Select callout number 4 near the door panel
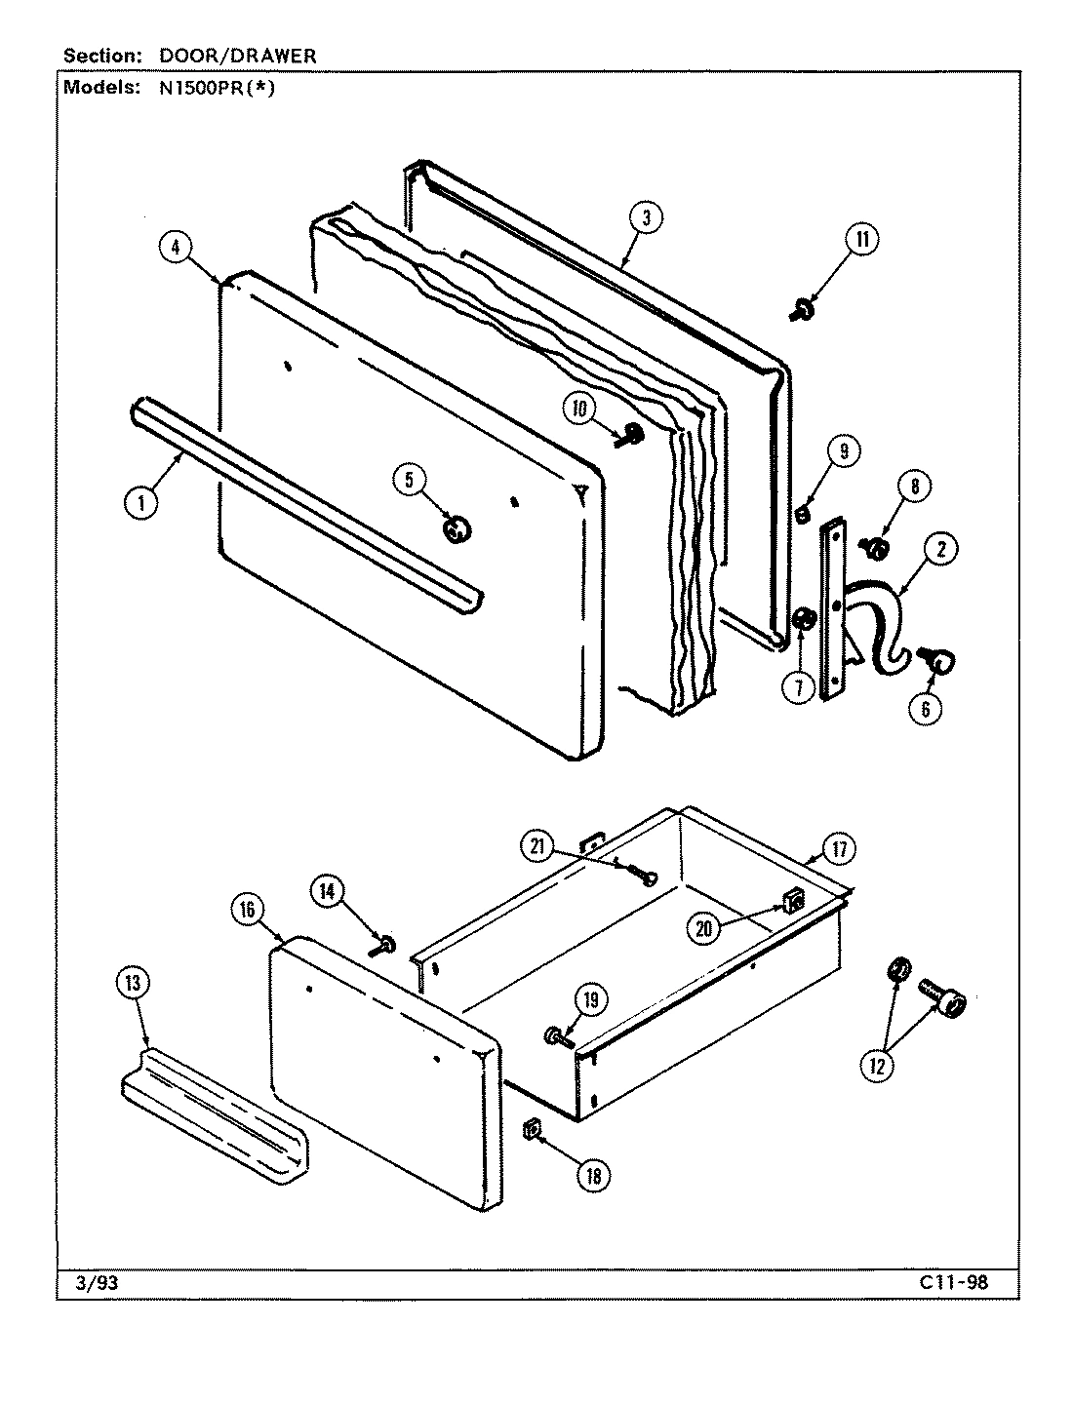pyautogui.click(x=176, y=248)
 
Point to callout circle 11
pyautogui.click(x=861, y=240)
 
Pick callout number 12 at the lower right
pyautogui.click(x=876, y=1066)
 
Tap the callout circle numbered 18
pyautogui.click(x=591, y=1176)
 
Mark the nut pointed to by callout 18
pyautogui.click(x=532, y=1129)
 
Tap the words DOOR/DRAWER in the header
pyautogui.click(x=238, y=57)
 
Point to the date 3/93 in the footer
pyautogui.click(x=97, y=1283)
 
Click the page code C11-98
pyautogui.click(x=953, y=1282)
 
